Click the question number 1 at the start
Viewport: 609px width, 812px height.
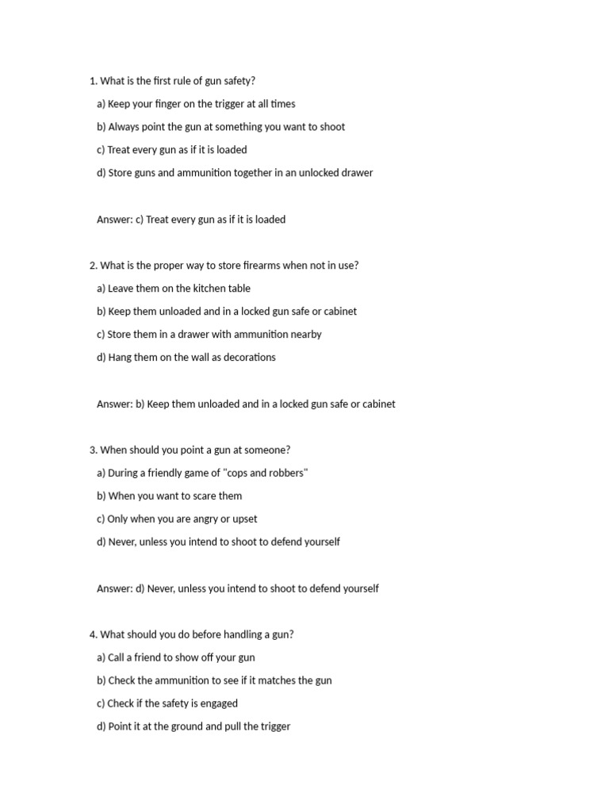[x=93, y=81]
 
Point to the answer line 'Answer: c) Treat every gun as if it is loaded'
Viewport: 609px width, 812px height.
[x=191, y=220]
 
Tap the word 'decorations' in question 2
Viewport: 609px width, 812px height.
[x=245, y=358]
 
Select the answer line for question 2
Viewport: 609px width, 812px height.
[x=246, y=404]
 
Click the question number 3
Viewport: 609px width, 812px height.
[x=93, y=450]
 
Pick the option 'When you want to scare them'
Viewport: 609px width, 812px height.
[x=169, y=496]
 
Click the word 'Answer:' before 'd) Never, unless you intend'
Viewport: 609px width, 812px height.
[x=114, y=589]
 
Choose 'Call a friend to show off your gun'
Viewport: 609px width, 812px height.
[x=175, y=658]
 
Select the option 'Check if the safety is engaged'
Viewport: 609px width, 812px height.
[x=167, y=704]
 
